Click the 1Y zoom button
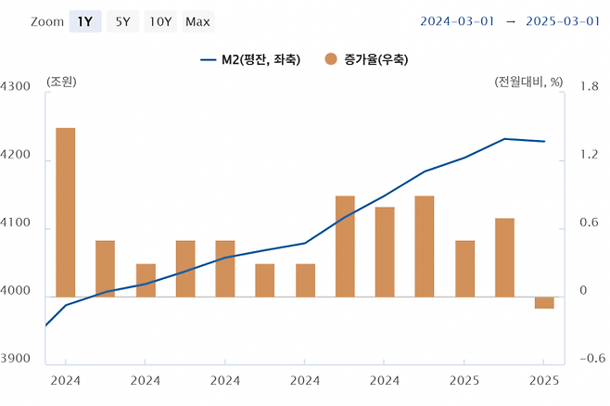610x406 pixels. pyautogui.click(x=84, y=21)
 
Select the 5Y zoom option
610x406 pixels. pyautogui.click(x=122, y=21)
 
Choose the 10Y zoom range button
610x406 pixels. pyautogui.click(x=160, y=21)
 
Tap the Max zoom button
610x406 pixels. pyautogui.click(x=197, y=21)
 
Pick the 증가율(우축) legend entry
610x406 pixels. pyautogui.click(x=365, y=59)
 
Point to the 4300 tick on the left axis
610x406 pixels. pyautogui.click(x=17, y=87)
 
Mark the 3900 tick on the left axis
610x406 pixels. pyautogui.click(x=17, y=360)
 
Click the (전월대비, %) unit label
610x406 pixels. pyautogui.click(x=528, y=82)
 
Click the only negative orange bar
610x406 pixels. pyautogui.click(x=544, y=303)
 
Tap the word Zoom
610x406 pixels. pyautogui.click(x=46, y=21)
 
